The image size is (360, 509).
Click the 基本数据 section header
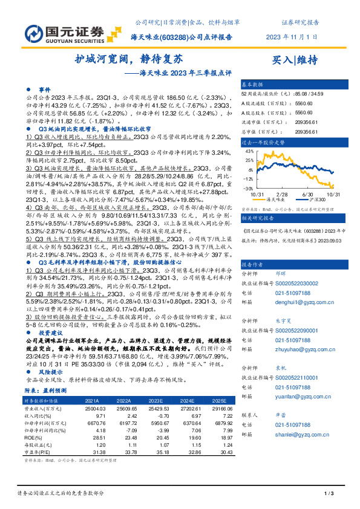click(253, 84)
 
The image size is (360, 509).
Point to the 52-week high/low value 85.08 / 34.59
click(312, 93)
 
